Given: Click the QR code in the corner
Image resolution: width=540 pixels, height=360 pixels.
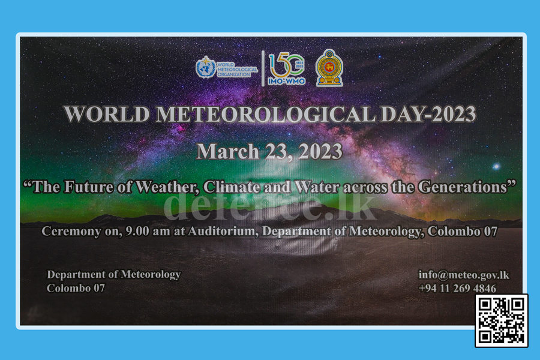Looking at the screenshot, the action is tap(502, 320).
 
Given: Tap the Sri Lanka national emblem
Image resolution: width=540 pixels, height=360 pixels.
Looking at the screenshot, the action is tap(329, 68).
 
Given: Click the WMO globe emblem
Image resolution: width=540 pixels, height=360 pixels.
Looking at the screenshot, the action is tap(206, 67).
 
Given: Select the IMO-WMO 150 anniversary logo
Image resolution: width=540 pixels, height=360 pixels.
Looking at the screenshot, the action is tap(287, 69).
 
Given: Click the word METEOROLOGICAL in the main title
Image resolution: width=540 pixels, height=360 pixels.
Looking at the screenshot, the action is tap(266, 114).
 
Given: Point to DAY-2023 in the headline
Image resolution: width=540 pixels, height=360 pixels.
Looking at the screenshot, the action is tap(428, 114).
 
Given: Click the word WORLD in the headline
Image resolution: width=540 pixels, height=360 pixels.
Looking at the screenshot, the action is tap(107, 114).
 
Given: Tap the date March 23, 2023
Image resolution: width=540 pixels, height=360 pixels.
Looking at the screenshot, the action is tap(269, 151).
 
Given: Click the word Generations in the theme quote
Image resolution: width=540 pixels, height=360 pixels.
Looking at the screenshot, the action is tap(463, 187).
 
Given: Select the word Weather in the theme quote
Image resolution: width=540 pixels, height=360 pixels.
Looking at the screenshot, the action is tap(167, 187).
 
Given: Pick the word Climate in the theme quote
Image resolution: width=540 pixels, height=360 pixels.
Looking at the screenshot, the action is tap(232, 187).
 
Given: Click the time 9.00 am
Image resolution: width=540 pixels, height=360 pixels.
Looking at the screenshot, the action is tap(148, 231).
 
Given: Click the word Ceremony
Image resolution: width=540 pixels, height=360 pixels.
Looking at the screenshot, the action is tap(71, 232).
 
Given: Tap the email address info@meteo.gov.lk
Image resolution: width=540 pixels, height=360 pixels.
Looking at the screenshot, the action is tap(464, 275).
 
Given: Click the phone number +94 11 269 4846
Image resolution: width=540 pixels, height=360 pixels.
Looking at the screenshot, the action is tap(457, 288).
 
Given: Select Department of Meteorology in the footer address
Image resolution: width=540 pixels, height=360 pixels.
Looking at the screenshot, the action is tap(113, 275).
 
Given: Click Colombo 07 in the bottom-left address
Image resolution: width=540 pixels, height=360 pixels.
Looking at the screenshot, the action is tap(76, 288).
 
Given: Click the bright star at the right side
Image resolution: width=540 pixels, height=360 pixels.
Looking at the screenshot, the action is tap(496, 167).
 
